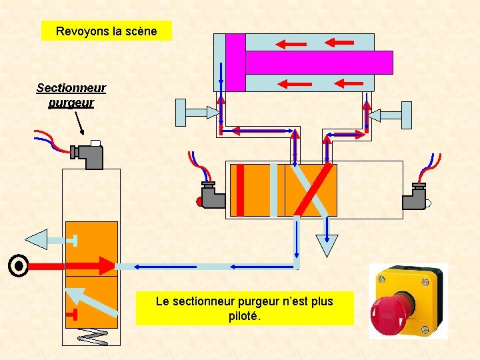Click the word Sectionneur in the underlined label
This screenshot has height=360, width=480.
(71, 88)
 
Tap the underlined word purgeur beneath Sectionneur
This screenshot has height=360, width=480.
(71, 103)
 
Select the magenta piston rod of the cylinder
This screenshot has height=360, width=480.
(319, 62)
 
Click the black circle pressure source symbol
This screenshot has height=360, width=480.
(19, 266)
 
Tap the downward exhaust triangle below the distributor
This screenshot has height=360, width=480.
(327, 245)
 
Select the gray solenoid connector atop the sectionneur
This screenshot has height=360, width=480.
(91, 155)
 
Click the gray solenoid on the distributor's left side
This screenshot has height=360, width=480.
(212, 196)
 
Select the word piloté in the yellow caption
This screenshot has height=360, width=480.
(245, 316)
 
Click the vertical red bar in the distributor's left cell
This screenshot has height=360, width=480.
(241, 190)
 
